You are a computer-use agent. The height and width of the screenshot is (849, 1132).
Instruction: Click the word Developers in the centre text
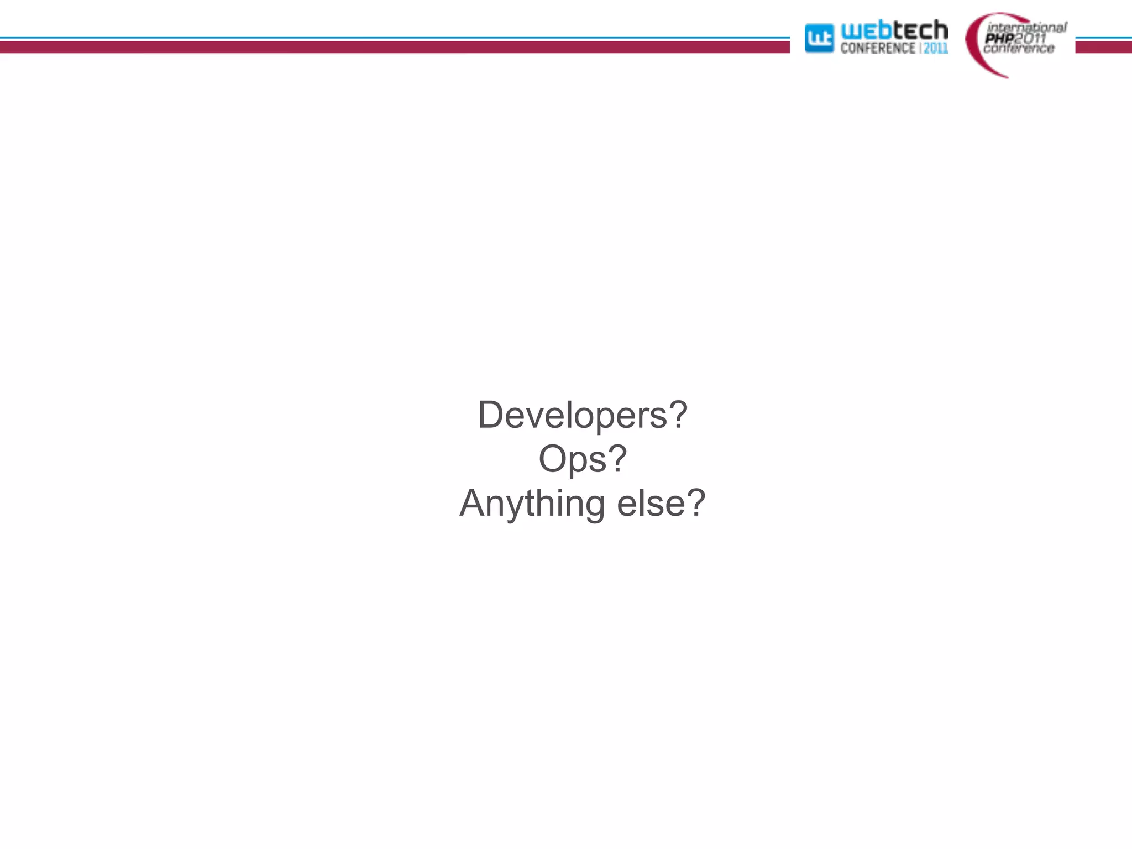coord(573,416)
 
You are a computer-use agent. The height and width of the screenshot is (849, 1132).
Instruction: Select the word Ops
coord(573,460)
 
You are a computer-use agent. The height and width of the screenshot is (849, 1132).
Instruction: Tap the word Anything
coord(532,504)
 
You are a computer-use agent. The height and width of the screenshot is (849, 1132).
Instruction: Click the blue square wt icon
coord(819,39)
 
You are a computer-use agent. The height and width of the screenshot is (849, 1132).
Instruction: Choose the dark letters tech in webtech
coord(920,30)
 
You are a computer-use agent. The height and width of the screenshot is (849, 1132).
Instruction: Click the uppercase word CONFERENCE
coord(878,48)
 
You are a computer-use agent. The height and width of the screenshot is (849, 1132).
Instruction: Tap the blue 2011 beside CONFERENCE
coord(936,48)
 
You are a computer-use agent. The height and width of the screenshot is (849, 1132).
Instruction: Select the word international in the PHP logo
coord(1026,27)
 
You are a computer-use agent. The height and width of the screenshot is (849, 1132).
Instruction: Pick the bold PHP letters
coord(999,38)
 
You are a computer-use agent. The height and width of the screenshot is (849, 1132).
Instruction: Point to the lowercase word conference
coord(1019,49)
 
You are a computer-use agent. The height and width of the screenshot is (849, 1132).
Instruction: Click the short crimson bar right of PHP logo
coord(1103,47)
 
